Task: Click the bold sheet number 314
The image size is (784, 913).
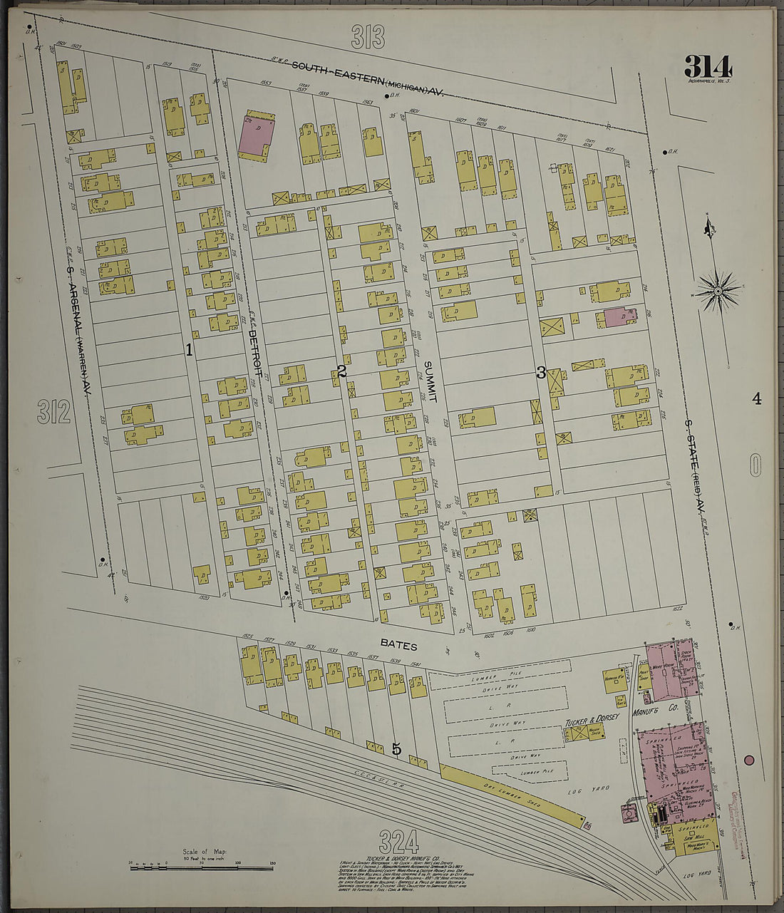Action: [x=708, y=66]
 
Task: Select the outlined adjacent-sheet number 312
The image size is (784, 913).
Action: [x=54, y=411]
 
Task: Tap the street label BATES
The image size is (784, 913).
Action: [x=398, y=643]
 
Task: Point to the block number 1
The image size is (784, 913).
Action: [x=189, y=349]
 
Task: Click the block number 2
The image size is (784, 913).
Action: [x=342, y=371]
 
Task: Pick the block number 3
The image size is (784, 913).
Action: [x=541, y=372]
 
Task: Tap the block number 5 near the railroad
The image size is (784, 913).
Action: [x=397, y=748]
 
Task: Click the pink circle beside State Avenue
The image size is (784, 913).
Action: [x=749, y=760]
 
